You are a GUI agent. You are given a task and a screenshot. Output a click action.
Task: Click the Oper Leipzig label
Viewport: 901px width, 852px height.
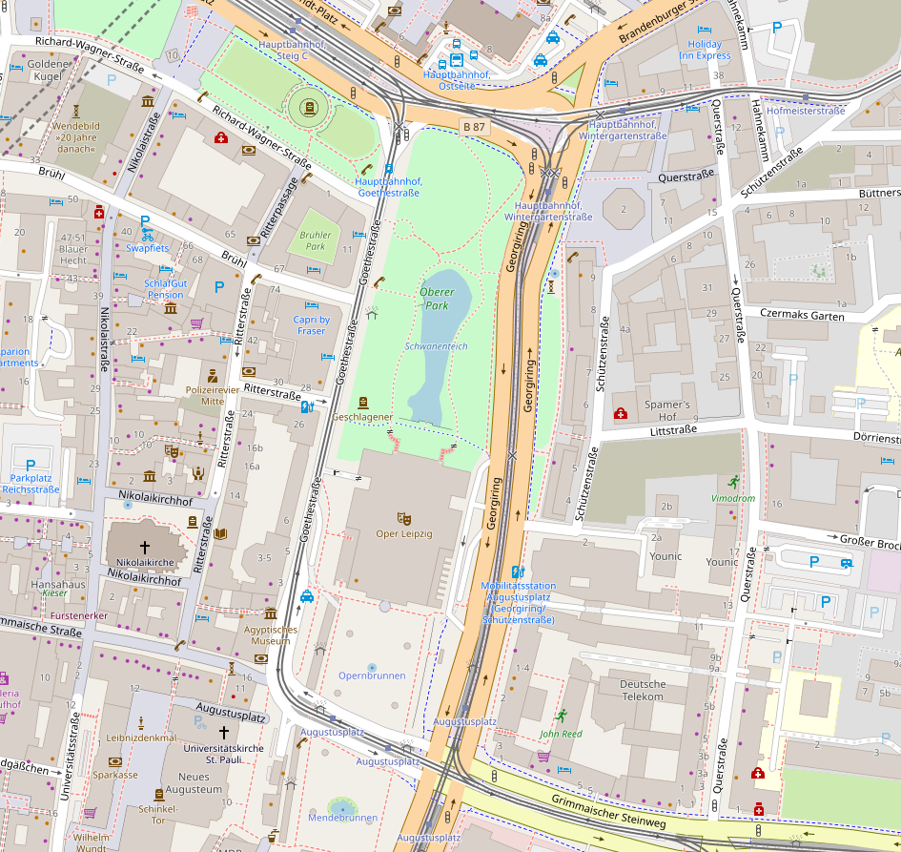click(404, 534)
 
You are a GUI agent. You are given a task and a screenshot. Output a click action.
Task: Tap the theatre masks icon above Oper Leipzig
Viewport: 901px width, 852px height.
click(404, 517)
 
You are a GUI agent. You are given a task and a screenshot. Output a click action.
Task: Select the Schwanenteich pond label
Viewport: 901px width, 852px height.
click(436, 346)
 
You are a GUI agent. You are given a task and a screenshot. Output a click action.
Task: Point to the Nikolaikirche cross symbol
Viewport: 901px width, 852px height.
click(145, 548)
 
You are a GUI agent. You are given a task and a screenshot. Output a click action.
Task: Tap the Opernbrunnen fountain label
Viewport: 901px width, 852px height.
click(372, 675)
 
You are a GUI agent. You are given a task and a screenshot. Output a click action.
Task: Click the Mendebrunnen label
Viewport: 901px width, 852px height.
click(342, 818)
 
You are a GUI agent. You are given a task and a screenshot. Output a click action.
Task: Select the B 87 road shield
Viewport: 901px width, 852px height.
click(474, 127)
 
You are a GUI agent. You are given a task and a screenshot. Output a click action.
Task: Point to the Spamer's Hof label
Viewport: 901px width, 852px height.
click(666, 411)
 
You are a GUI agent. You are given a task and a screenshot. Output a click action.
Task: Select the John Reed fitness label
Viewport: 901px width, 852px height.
click(561, 734)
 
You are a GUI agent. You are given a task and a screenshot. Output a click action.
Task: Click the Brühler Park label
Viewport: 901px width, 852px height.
click(314, 239)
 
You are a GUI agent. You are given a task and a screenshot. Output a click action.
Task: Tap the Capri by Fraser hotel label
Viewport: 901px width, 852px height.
click(311, 325)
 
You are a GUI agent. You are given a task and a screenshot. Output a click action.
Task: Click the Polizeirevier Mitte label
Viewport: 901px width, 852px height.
click(213, 395)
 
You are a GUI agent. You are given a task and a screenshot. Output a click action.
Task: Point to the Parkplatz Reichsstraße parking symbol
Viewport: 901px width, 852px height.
click(31, 466)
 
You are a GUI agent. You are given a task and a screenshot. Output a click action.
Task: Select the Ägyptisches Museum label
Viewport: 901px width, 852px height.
click(270, 635)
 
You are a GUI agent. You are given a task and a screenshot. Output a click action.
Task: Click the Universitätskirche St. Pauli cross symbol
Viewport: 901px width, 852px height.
click(224, 733)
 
